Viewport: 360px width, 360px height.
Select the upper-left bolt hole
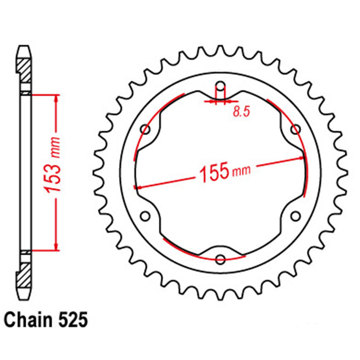[146, 129]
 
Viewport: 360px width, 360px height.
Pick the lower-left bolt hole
[145, 216]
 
